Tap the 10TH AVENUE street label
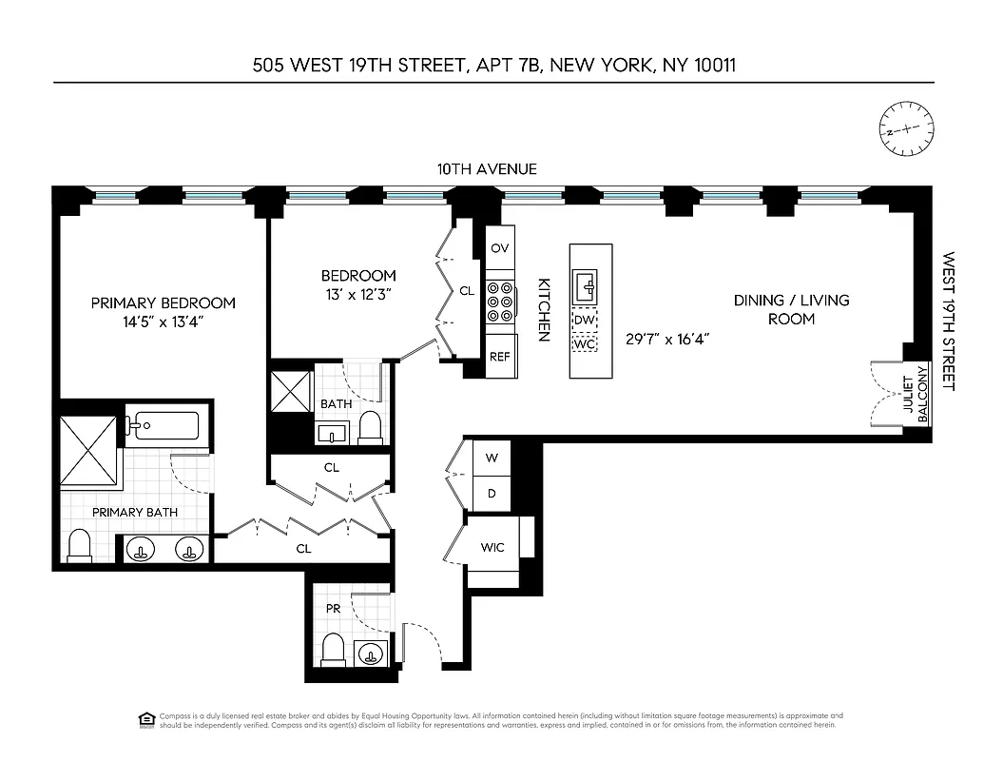(x=487, y=169)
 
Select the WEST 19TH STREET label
(x=948, y=321)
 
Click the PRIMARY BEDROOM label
(x=163, y=302)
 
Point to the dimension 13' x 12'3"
(x=357, y=294)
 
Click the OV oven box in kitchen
(x=499, y=248)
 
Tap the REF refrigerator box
(x=499, y=357)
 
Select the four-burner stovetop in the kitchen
(x=500, y=302)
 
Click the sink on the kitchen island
(x=586, y=283)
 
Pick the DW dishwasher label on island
(x=586, y=321)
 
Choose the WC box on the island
(x=586, y=344)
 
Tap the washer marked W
(x=492, y=458)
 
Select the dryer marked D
(x=492, y=493)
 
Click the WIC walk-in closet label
(x=492, y=547)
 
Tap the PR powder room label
(x=333, y=608)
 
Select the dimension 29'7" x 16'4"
(x=667, y=338)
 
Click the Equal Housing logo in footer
(x=146, y=717)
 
